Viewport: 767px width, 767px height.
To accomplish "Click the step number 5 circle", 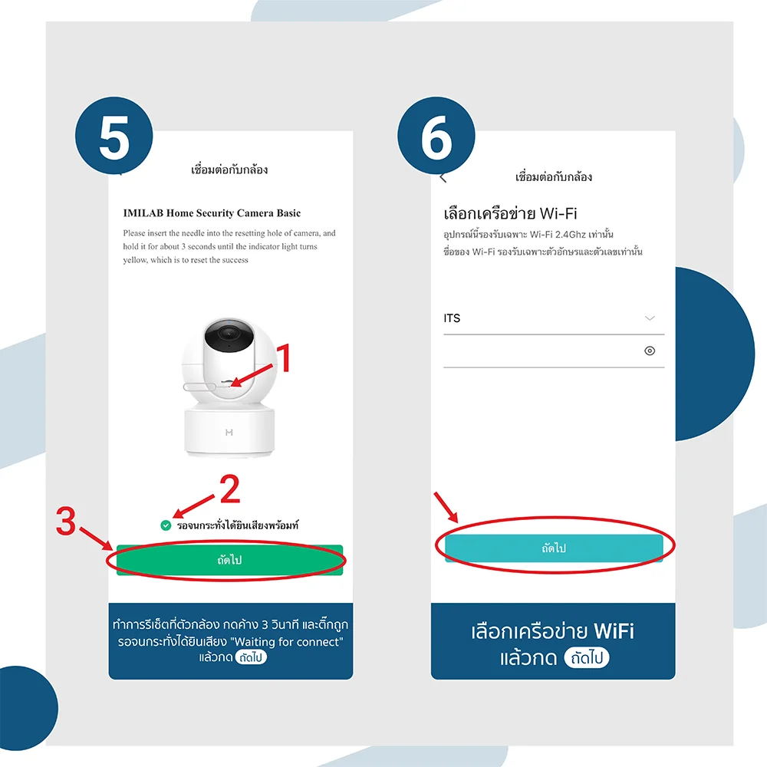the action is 114,136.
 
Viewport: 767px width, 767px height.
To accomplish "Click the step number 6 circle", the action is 436,136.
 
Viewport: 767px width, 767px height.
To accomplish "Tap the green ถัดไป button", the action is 229,560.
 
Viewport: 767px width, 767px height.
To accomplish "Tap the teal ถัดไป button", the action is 554,548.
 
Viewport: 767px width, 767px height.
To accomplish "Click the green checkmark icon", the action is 166,525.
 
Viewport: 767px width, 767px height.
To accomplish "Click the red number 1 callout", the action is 284,357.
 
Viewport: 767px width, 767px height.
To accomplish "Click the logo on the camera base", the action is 229,433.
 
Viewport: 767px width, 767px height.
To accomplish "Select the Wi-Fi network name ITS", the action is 452,318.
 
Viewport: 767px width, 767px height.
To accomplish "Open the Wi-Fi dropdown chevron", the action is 650,318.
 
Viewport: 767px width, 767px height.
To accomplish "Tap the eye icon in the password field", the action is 650,351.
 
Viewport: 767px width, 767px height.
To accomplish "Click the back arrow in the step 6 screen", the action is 443,178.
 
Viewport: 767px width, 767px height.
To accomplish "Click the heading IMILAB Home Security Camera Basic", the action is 212,212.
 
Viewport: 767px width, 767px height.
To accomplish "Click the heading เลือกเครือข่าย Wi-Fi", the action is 510,213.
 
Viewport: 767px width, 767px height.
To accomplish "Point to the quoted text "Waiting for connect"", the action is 286,641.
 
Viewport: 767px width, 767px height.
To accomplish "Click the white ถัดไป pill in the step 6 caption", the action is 587,657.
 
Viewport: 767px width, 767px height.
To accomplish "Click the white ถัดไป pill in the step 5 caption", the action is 251,657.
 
